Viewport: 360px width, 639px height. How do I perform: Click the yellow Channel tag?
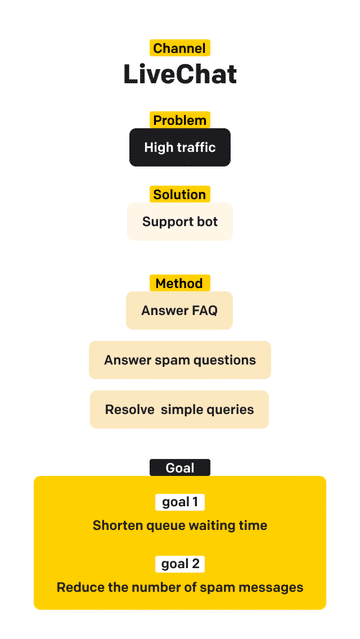(x=179, y=47)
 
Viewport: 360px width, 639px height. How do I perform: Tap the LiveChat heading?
(x=180, y=74)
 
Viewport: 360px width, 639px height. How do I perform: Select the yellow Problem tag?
(x=180, y=120)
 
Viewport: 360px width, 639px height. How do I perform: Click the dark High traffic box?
(x=180, y=148)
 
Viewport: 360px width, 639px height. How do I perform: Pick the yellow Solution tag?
(x=180, y=194)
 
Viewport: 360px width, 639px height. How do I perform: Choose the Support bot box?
(x=180, y=222)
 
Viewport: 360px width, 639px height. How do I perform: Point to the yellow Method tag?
(x=179, y=283)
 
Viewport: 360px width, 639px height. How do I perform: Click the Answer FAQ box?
(x=179, y=311)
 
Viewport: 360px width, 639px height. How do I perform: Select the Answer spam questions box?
(x=180, y=360)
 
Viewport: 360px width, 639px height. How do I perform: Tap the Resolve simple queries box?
(x=180, y=409)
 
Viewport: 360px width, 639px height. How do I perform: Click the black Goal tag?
(x=180, y=467)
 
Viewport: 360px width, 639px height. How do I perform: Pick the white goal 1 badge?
(x=180, y=501)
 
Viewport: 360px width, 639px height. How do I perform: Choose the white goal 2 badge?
(x=180, y=563)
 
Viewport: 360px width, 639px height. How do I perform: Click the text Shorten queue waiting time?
(x=180, y=525)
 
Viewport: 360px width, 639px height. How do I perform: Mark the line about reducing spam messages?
(x=180, y=587)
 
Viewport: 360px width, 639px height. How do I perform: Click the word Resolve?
(x=130, y=409)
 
